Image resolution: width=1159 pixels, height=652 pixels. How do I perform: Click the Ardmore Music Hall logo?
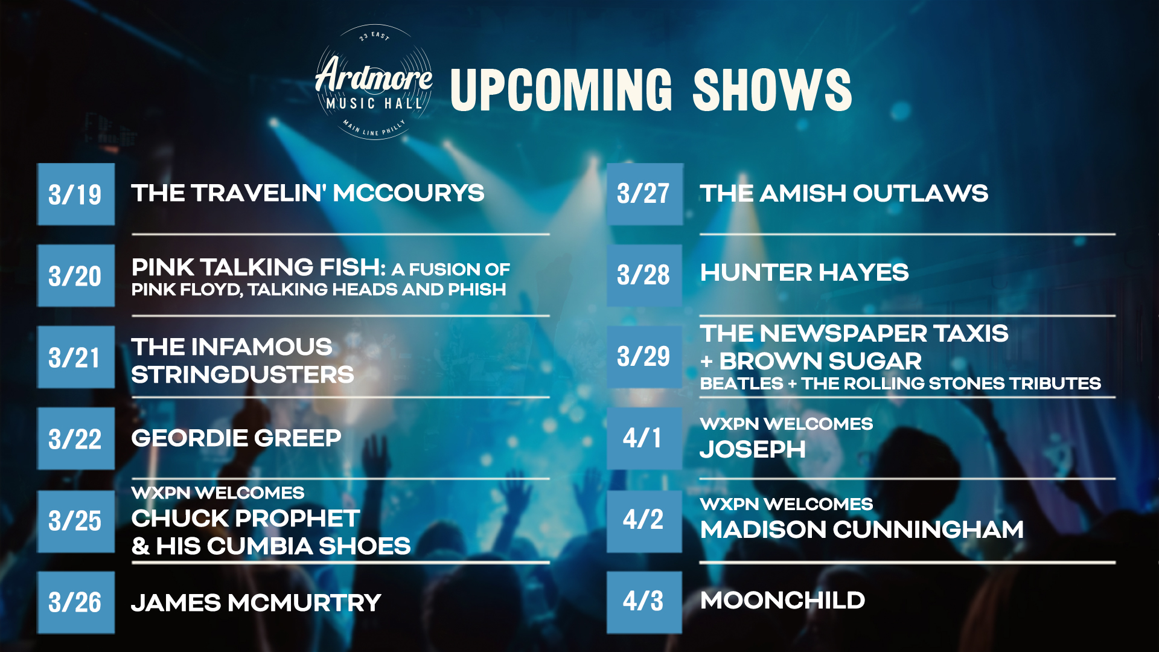click(374, 82)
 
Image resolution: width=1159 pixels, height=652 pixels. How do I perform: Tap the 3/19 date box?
click(76, 194)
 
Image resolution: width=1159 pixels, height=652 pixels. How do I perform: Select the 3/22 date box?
click(76, 438)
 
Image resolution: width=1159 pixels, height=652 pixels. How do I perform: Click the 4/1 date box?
click(644, 438)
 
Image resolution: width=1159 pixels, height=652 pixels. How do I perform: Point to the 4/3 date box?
click(644, 602)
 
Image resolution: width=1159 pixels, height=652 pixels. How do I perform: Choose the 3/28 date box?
click(644, 275)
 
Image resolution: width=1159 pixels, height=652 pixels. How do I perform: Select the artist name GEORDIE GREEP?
click(236, 438)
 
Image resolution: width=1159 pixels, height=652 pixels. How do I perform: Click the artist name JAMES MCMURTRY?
click(256, 602)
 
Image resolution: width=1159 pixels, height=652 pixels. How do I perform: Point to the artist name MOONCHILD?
click(782, 600)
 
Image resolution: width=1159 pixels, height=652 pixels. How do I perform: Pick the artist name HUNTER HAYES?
click(804, 272)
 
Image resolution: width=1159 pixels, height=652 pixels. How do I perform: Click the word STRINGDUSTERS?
click(243, 375)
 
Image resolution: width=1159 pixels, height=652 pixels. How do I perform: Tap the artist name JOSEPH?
click(753, 449)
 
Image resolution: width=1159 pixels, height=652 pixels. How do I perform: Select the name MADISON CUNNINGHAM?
click(862, 529)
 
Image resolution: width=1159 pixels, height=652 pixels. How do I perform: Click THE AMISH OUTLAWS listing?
click(844, 193)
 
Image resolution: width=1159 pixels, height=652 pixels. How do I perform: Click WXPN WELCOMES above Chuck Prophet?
click(218, 493)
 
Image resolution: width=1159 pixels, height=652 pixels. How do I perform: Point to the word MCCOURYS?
click(409, 193)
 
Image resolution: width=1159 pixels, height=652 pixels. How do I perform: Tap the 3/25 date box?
click(76, 521)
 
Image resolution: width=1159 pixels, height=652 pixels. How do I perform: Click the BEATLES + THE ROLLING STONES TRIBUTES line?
click(901, 383)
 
